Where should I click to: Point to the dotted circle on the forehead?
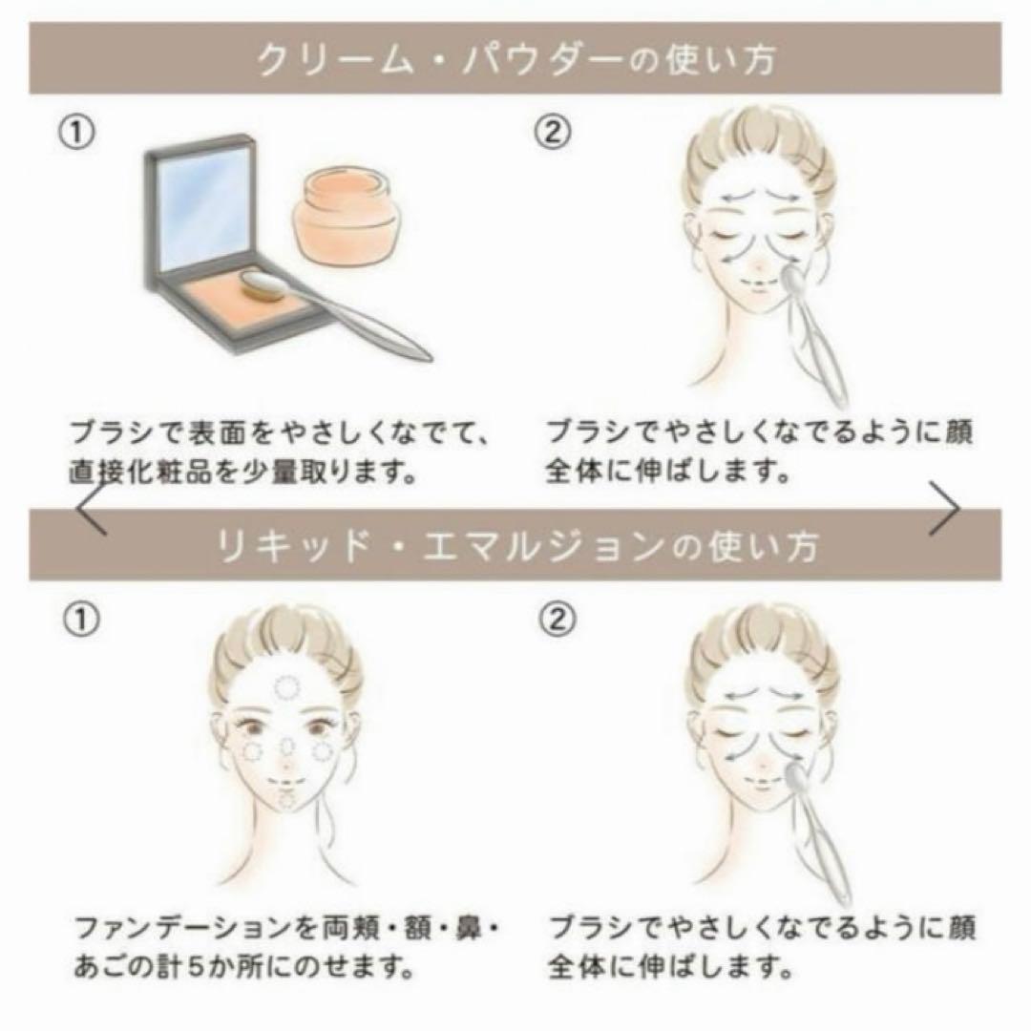click(x=284, y=685)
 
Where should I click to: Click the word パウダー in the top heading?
click(x=478, y=60)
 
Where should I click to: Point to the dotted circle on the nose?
click(x=285, y=747)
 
